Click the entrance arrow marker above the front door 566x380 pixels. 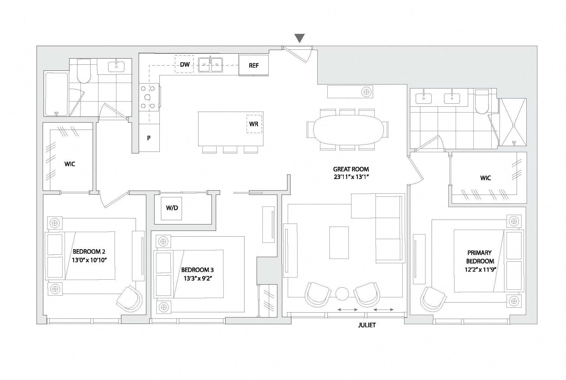pyautogui.click(x=300, y=38)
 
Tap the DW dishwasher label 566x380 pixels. pyautogui.click(x=185, y=64)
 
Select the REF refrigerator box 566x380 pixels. pyautogui.click(x=254, y=65)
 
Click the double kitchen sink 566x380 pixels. pyautogui.click(x=210, y=65)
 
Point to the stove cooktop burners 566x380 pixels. pyautogui.click(x=148, y=97)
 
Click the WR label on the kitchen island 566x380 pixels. pyautogui.click(x=254, y=124)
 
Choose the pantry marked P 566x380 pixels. pyautogui.click(x=149, y=138)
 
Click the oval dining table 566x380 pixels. pyautogui.click(x=347, y=130)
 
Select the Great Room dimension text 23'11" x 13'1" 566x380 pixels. pyautogui.click(x=351, y=177)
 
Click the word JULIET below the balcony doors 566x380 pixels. pyautogui.click(x=367, y=325)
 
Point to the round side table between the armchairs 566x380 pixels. pyautogui.click(x=342, y=294)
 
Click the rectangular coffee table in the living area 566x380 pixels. pyautogui.click(x=339, y=242)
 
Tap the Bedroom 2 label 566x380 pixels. pyautogui.click(x=89, y=252)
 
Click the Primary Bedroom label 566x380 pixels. pyautogui.click(x=480, y=257)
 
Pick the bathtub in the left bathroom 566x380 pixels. pyautogui.click(x=56, y=94)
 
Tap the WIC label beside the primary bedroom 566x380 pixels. pyautogui.click(x=485, y=178)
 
